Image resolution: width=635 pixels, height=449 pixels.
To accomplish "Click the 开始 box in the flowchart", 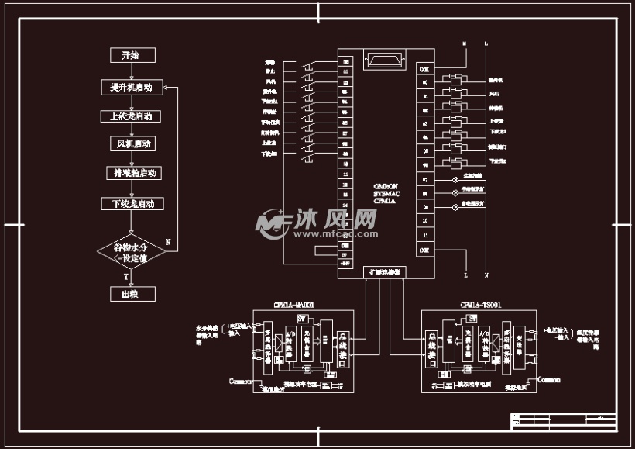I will (132, 55).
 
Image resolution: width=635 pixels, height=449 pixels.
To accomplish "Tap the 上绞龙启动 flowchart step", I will (132, 116).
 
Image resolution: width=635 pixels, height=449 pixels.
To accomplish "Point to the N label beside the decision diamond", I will (169, 241).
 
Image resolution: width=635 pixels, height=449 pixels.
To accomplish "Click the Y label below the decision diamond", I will (126, 276).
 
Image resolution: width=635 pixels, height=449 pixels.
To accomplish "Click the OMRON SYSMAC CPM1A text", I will (385, 194).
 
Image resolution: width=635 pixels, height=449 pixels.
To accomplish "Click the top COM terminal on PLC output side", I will (424, 69).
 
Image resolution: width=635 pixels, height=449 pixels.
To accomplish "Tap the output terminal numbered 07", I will (424, 179).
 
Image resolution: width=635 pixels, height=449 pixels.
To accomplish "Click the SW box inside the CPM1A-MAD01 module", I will (303, 319).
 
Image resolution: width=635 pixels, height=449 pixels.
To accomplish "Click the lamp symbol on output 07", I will (455, 179).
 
